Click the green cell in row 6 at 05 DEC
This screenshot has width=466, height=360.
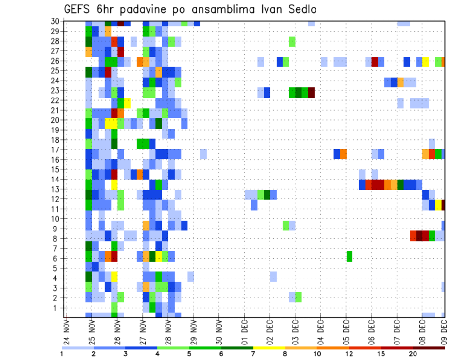click(349, 256)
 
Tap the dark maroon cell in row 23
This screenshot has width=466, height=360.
click(311, 92)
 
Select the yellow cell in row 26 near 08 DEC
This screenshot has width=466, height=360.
click(426, 62)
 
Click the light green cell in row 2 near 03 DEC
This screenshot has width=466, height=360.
click(298, 296)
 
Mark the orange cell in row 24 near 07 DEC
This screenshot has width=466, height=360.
click(400, 82)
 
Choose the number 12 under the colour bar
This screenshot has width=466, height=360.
click(349, 354)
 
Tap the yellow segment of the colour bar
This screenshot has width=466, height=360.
click(269, 347)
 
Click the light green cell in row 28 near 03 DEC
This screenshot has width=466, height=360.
click(292, 42)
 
